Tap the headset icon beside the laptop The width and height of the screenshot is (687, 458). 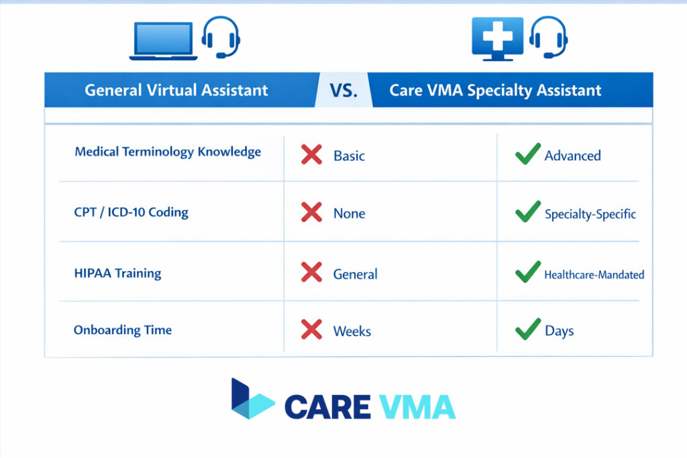(220, 36)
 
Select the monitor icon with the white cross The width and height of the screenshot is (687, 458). (497, 38)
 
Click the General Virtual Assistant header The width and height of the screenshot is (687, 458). (176, 91)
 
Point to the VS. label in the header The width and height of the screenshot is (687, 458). (343, 91)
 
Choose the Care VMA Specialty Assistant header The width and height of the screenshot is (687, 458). (495, 91)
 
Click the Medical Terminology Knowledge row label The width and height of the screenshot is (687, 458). (168, 152)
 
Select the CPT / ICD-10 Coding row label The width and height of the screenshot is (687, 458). (131, 213)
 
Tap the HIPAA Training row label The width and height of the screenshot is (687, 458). (117, 273)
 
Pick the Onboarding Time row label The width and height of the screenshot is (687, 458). (122, 330)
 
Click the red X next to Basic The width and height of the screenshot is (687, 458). (311, 156)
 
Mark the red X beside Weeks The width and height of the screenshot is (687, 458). (311, 330)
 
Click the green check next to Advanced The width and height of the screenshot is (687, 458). (527, 154)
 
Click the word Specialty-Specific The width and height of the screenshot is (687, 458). (590, 215)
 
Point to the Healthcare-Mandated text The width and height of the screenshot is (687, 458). (594, 274)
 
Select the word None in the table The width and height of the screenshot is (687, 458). (349, 214)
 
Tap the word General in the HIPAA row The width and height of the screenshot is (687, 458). (355, 274)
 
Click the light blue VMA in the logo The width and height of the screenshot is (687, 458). (417, 407)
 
